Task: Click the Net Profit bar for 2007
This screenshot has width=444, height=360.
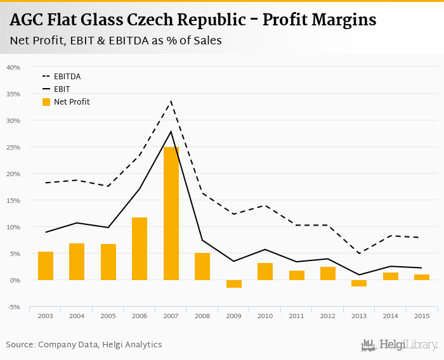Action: coord(171,214)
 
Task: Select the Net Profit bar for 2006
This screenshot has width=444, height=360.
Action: coord(140,248)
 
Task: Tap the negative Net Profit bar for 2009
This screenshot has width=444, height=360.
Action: coord(234,284)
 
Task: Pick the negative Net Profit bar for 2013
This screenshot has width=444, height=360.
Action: coord(359,283)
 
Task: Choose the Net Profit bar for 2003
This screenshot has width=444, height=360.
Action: coord(46,266)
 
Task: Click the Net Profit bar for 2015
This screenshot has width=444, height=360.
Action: coord(422,277)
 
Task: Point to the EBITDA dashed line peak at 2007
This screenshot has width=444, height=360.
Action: coord(171,101)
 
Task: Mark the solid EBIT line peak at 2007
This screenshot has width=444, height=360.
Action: coord(171,131)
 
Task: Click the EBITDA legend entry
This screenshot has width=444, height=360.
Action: coord(67,77)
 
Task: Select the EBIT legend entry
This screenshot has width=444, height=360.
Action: coord(62,89)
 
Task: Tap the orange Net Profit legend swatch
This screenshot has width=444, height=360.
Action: coord(46,102)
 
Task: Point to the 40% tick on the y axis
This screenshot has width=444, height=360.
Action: coord(13,67)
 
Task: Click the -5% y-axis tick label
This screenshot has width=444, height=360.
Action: coord(13,307)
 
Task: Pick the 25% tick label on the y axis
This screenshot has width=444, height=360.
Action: coord(13,147)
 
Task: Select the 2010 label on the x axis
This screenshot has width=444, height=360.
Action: coord(265,316)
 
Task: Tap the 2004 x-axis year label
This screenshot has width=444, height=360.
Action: coord(77,316)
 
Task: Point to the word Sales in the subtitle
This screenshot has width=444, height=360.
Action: coord(206,40)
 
